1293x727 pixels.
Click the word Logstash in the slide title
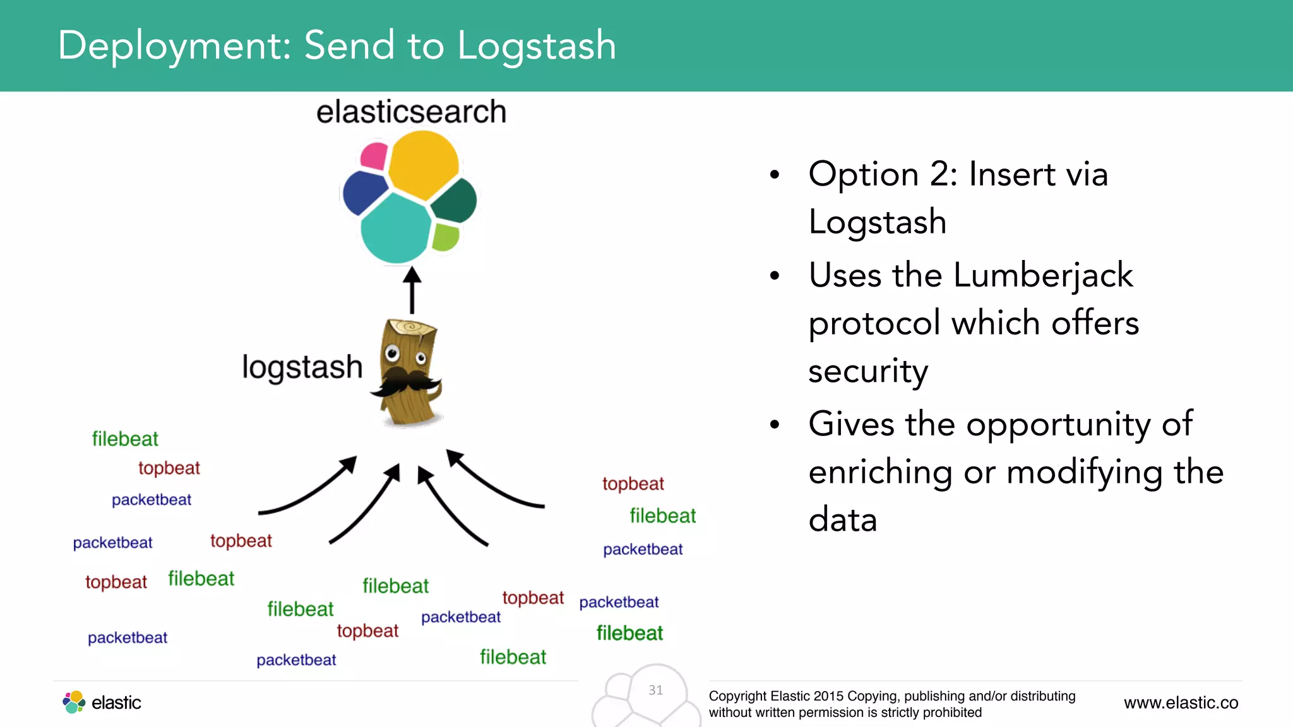(536, 47)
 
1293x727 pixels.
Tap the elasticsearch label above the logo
(411, 112)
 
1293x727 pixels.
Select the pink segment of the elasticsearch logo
(374, 156)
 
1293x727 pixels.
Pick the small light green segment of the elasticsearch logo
(446, 237)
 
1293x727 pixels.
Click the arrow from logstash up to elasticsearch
(412, 291)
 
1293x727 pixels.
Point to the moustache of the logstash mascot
(407, 382)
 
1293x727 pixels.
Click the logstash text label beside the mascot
(302, 367)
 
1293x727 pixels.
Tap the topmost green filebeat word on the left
(125, 439)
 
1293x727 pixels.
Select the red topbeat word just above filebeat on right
(633, 484)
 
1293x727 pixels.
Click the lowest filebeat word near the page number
(513, 658)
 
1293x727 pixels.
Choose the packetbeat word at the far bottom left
(128, 638)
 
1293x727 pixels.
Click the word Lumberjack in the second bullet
(1043, 276)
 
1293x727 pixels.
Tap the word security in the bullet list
(868, 371)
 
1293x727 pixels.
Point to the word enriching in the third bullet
(881, 473)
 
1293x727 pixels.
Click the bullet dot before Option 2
(775, 175)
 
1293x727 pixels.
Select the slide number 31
(656, 690)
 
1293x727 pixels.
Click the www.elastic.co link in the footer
(1181, 703)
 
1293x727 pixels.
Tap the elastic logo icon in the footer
(74, 702)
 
